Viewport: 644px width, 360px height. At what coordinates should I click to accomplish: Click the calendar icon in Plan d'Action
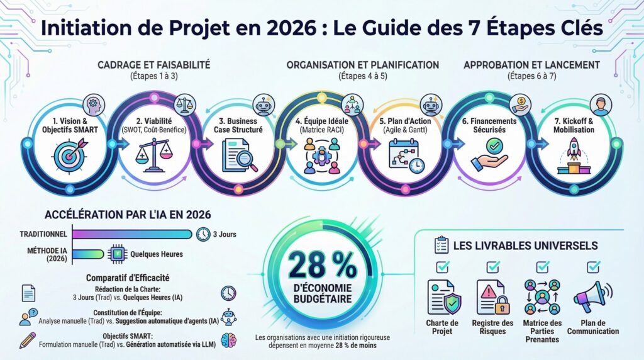(406, 155)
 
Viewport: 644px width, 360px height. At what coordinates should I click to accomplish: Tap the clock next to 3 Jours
(203, 234)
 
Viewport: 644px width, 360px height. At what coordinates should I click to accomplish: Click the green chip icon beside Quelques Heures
(116, 254)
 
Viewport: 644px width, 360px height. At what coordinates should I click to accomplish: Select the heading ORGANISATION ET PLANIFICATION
(363, 65)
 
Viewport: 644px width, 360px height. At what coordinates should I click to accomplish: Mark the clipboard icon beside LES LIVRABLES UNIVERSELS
(441, 245)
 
